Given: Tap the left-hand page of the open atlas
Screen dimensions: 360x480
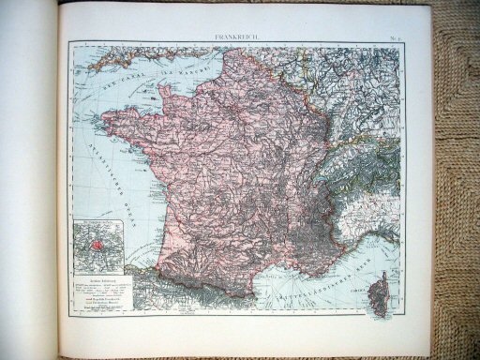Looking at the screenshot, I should click(28, 187).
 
